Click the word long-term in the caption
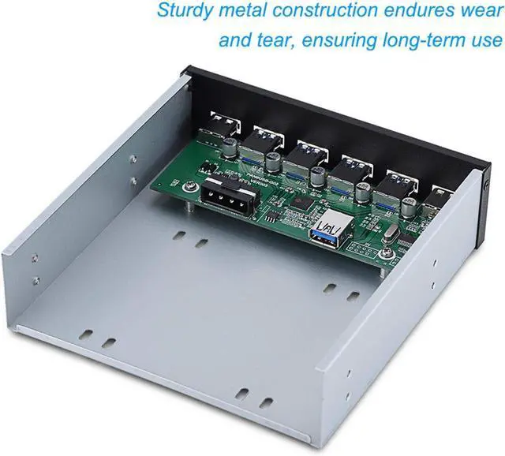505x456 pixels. [x=417, y=39]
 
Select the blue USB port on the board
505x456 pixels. [x=325, y=232]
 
